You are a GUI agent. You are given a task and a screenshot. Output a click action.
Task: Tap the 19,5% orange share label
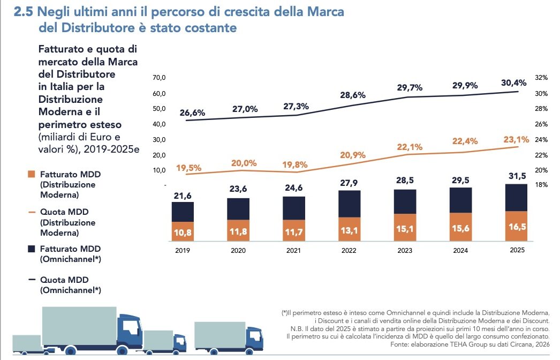click(x=188, y=168)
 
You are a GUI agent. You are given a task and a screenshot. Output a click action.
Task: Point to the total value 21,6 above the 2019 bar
click(x=182, y=196)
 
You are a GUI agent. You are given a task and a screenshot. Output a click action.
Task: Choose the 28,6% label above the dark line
click(x=353, y=95)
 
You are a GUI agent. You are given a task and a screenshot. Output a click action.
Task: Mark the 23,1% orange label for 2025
click(x=516, y=139)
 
